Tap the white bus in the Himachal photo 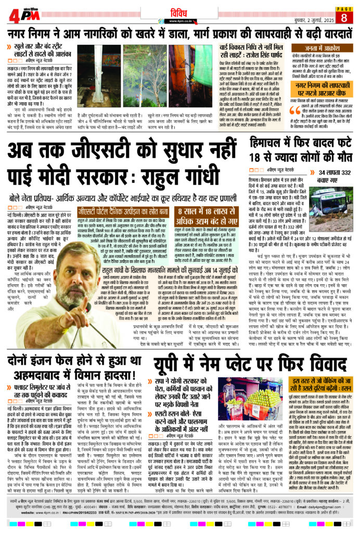[x=326, y=196]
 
